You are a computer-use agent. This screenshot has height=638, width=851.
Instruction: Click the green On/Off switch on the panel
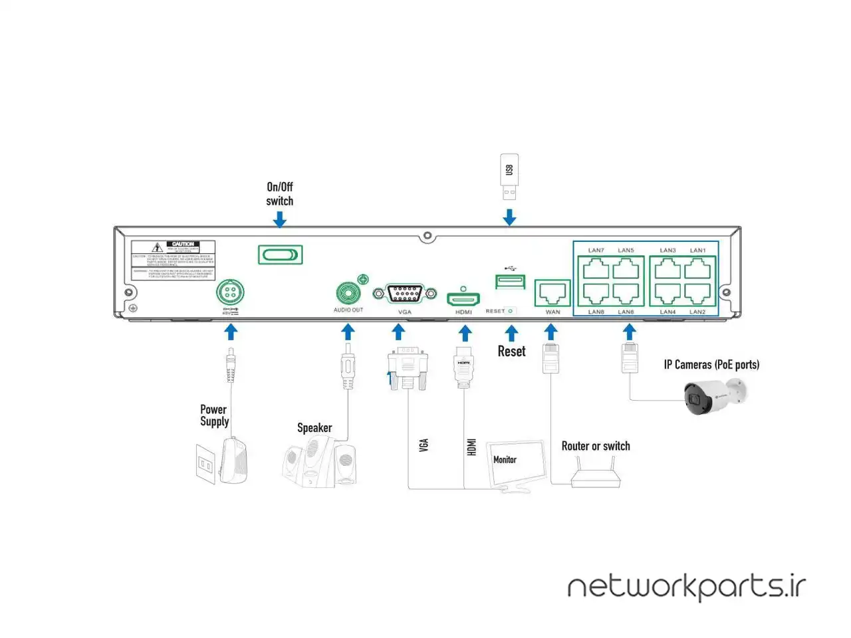[280, 255]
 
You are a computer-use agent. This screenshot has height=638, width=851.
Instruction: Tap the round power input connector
[230, 292]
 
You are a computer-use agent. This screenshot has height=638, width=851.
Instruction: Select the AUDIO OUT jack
[348, 293]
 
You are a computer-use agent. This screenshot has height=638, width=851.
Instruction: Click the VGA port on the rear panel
[404, 293]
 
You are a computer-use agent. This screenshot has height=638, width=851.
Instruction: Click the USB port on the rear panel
[510, 281]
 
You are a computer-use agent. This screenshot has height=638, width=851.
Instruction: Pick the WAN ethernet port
[552, 292]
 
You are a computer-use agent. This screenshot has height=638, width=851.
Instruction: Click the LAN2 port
[697, 293]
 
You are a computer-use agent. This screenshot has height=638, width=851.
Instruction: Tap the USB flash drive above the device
[509, 176]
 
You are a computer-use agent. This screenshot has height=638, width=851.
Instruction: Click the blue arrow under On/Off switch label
[280, 219]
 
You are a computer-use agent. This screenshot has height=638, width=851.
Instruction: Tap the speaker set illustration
[319, 463]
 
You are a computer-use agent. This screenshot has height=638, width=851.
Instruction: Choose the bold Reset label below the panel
[511, 352]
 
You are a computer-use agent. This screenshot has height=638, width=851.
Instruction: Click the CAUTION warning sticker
[174, 260]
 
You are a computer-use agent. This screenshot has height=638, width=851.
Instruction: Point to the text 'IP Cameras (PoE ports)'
[711, 365]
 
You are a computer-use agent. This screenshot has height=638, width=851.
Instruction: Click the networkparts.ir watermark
[686, 587]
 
